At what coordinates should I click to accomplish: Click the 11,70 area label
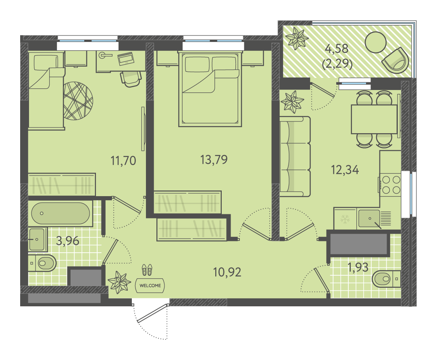123,161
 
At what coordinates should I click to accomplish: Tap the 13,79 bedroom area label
214,160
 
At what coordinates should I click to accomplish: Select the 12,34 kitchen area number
345,170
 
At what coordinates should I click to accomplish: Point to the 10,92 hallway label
227,272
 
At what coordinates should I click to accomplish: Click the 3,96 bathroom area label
68,241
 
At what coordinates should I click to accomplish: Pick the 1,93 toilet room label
358,267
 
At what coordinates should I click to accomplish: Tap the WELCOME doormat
150,285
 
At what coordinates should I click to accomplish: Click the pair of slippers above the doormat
147,270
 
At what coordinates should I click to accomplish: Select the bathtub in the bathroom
60,213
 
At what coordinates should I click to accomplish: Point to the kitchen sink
369,218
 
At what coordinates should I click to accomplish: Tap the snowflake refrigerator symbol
345,219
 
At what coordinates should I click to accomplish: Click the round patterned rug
78,101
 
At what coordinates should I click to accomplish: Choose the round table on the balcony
376,42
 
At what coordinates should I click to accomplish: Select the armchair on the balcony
395,61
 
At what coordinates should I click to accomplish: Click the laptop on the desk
126,59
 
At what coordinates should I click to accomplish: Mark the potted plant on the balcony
297,38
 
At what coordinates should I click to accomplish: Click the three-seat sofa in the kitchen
295,157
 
